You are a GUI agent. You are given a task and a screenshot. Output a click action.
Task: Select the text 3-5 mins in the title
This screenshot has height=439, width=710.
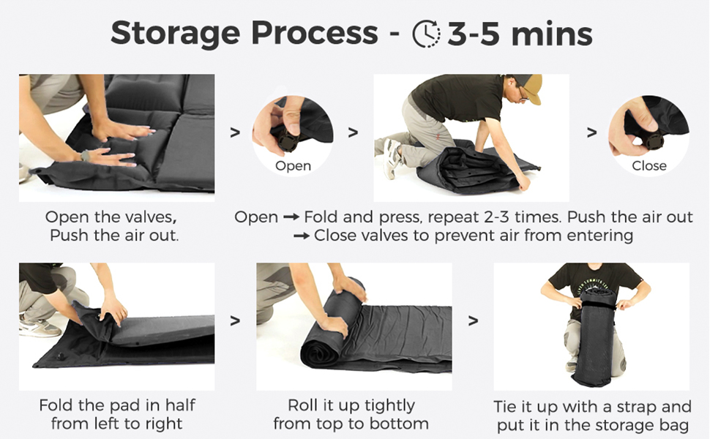coord(520,33)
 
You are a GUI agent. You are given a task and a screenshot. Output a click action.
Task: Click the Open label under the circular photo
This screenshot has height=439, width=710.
coord(293,166)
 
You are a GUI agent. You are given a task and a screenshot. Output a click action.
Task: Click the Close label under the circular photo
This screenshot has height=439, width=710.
coord(649,166)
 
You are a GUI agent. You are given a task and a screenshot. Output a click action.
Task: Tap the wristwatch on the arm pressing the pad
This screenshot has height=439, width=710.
coord(86,155)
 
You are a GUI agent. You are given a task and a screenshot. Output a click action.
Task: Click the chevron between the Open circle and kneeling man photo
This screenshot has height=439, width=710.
coord(353,132)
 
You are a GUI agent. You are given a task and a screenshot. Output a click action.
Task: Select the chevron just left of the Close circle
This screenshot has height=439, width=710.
coord(591,132)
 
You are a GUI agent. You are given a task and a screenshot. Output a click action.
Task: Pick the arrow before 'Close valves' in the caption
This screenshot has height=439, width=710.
coord(302,236)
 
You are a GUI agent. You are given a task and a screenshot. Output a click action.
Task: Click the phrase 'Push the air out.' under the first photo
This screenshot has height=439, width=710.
coord(114,236)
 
